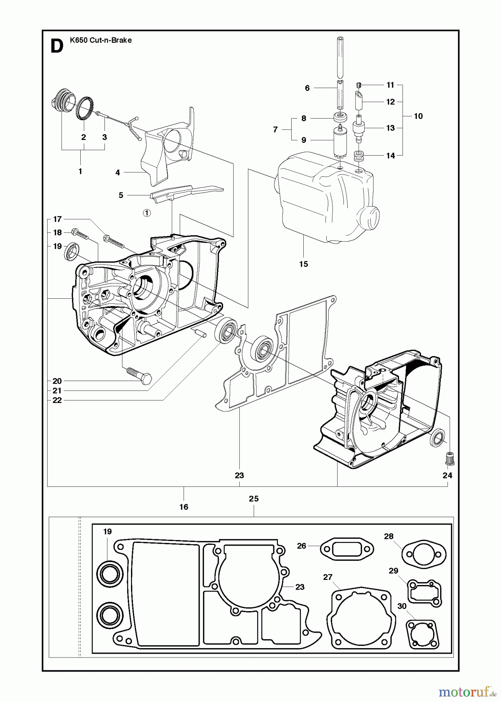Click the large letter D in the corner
[57, 46]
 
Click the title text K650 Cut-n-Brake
[101, 40]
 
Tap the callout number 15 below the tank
[303, 264]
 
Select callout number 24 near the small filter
[447, 475]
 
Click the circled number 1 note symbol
[146, 213]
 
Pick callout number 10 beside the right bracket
[418, 116]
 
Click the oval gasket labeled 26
[347, 550]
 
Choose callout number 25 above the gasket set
[254, 498]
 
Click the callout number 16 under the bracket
[184, 507]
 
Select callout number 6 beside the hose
[307, 88]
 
